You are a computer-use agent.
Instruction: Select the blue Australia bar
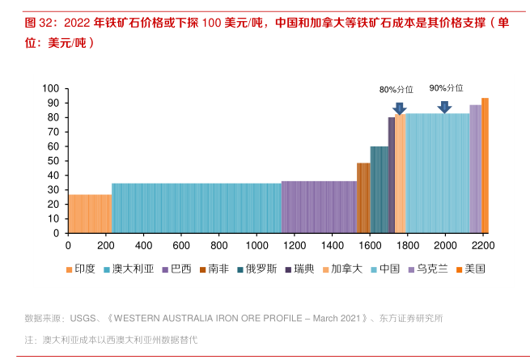196,208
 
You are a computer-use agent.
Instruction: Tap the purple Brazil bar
318,207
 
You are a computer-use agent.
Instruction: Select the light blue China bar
437,173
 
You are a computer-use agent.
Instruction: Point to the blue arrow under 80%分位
400,108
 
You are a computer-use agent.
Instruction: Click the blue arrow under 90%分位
444,107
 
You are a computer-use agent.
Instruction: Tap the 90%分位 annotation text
446,88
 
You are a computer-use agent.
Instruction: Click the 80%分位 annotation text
396,90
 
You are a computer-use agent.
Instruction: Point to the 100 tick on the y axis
50,88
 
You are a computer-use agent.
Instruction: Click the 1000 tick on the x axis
257,245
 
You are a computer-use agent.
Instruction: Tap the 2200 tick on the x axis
483,245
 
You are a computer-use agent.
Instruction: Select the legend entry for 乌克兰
431,268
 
